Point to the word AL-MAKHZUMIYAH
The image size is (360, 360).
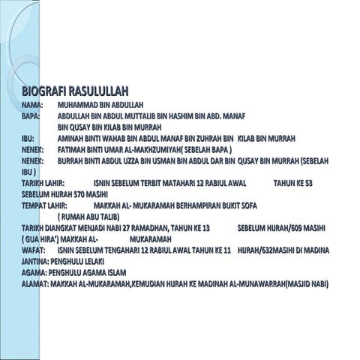(152, 150)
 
